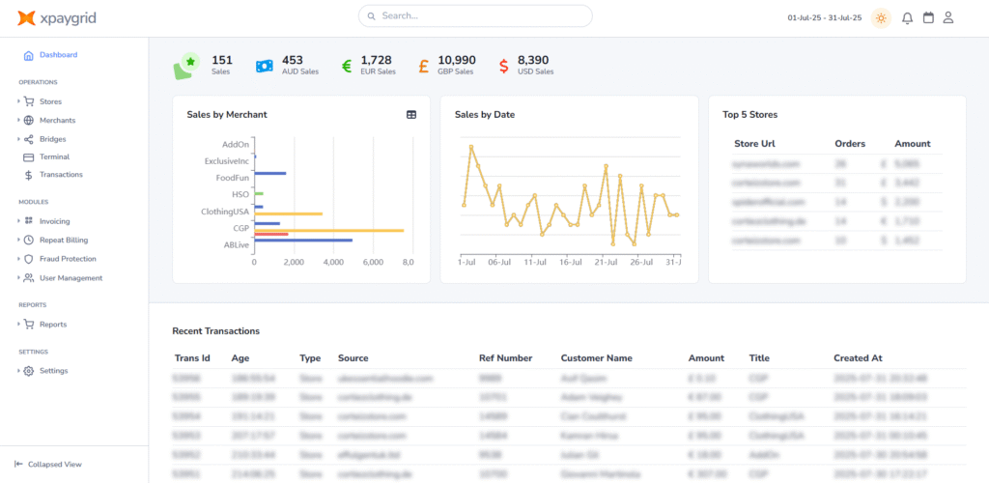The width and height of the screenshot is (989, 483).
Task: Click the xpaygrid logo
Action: point(57,17)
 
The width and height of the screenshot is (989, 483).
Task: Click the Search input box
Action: point(475,16)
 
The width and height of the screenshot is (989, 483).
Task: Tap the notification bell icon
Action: point(907,17)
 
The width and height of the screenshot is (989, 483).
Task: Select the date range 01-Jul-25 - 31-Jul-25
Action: point(824,17)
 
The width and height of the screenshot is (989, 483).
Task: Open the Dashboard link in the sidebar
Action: point(58,55)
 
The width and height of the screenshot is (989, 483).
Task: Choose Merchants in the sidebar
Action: point(57,120)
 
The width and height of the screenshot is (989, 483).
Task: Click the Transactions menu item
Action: point(60,175)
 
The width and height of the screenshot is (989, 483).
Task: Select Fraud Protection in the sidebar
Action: point(68,259)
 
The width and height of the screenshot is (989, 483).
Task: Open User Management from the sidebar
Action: point(71,278)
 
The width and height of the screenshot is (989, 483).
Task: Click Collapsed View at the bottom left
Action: point(54,464)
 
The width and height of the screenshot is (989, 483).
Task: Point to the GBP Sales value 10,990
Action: point(456,60)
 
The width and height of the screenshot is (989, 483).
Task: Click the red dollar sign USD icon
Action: point(504,66)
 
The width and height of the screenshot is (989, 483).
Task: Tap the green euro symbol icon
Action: point(347,66)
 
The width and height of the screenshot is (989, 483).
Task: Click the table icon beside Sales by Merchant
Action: point(411,115)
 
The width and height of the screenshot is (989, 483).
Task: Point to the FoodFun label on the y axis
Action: point(232,178)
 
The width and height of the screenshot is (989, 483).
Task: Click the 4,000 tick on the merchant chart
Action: point(331,262)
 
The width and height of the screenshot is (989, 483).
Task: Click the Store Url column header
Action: point(754,144)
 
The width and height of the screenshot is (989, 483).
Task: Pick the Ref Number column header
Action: point(505,358)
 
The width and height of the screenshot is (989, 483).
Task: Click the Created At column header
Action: point(858,358)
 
